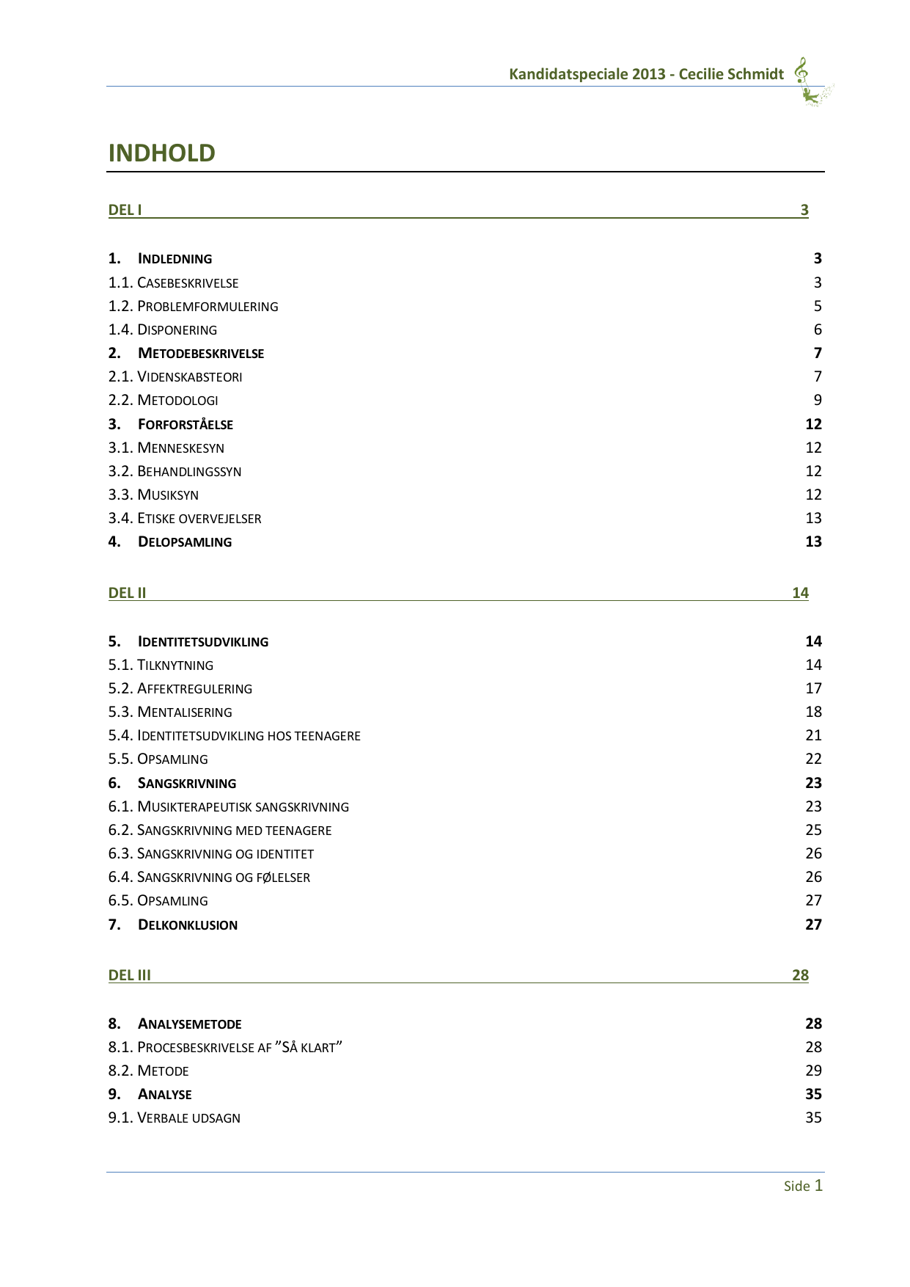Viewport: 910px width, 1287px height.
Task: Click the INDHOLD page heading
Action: click(162, 153)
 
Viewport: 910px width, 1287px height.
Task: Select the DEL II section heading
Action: click(128, 593)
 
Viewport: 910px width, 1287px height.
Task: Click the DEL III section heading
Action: click(130, 975)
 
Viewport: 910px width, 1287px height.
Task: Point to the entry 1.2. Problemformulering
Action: click(194, 306)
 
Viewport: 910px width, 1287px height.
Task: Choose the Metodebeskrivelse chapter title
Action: click(200, 353)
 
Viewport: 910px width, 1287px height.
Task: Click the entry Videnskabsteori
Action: click(189, 376)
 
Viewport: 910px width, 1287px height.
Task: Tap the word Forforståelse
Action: click(185, 424)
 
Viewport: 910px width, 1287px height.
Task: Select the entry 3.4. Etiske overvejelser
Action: click(185, 518)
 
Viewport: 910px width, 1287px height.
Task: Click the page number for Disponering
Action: click(818, 329)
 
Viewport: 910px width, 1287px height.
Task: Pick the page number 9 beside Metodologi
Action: click(818, 400)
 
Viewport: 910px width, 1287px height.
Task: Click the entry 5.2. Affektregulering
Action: click(180, 688)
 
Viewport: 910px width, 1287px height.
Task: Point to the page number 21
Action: click(813, 735)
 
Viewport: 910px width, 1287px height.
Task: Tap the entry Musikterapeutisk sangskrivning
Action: click(243, 806)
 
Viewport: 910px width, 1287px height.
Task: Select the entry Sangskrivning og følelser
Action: click(223, 877)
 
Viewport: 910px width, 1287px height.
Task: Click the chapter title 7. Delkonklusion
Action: click(173, 925)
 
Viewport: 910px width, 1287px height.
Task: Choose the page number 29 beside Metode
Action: click(813, 1071)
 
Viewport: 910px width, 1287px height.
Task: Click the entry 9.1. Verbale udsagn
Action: click(175, 1118)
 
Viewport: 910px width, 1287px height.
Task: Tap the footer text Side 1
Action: click(803, 1186)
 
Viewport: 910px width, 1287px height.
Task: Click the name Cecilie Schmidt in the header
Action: click(731, 74)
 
